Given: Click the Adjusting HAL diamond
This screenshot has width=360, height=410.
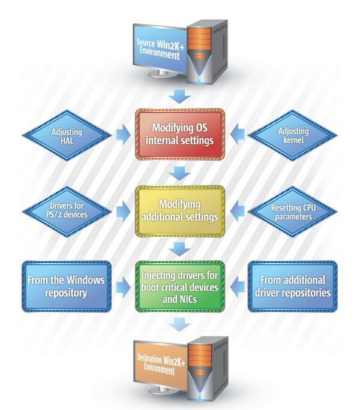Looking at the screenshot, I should (x=66, y=135).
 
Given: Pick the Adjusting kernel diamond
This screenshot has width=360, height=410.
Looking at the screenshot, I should (x=294, y=135).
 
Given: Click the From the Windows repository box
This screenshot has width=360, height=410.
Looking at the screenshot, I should (x=66, y=286).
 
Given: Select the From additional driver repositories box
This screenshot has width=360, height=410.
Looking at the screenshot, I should (x=293, y=286).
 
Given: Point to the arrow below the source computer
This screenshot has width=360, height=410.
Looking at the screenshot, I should (x=179, y=95).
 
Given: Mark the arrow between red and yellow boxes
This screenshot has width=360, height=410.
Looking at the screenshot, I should (x=179, y=173).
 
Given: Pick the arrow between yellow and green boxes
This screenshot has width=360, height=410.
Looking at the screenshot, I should (x=179, y=248).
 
